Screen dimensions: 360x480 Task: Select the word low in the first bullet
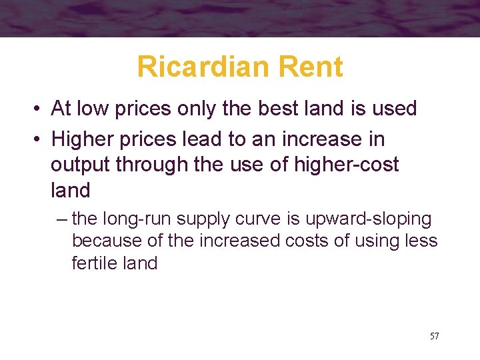click(91, 108)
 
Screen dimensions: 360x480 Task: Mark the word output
click(80, 165)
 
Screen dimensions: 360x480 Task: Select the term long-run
click(132, 219)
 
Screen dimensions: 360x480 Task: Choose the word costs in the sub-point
click(312, 241)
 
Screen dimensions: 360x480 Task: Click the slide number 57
click(434, 336)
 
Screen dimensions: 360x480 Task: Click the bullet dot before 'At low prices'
click(41, 109)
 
